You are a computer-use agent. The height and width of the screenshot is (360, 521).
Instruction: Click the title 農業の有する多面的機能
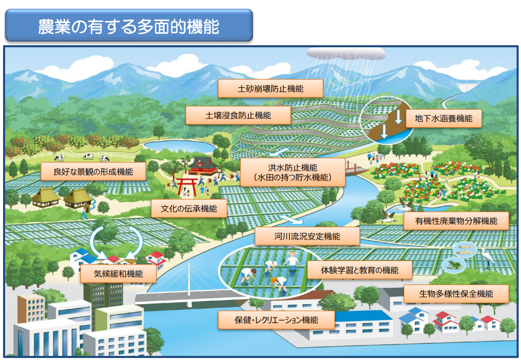coord(128,26)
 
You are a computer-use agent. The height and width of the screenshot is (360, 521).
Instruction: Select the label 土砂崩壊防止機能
coord(270,89)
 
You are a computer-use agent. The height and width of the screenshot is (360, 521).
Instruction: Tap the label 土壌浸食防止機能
coord(238,115)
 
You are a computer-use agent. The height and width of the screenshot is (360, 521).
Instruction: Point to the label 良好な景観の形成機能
coord(93,171)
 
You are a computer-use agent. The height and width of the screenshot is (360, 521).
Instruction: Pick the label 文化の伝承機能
coord(189,209)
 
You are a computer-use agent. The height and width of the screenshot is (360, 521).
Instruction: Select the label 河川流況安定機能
coord(307,236)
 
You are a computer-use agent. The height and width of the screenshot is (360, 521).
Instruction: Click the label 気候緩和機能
coord(118,273)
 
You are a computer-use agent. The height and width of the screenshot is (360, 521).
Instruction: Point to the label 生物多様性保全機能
coord(456,294)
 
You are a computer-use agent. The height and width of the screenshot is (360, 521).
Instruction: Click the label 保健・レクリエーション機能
coord(276,319)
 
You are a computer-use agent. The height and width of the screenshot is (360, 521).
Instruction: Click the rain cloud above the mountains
coord(346,53)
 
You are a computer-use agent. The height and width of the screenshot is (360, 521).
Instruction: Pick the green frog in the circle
coord(454,265)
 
